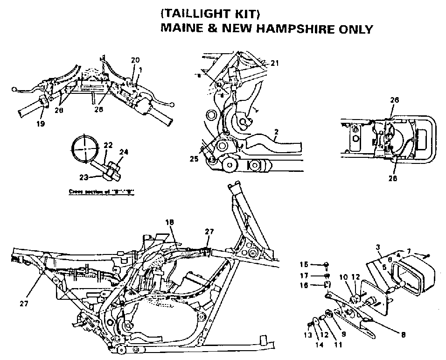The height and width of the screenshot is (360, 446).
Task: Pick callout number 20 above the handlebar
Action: (135, 60)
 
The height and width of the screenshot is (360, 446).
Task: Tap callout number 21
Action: (275, 64)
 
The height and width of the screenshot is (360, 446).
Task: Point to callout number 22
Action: (107, 146)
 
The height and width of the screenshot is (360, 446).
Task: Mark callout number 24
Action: (123, 151)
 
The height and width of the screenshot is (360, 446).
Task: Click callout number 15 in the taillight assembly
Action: (304, 264)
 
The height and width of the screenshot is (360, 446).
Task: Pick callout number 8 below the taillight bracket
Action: (403, 334)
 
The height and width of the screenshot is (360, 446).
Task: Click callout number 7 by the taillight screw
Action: (409, 251)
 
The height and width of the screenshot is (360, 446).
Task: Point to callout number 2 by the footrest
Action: (276, 132)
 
